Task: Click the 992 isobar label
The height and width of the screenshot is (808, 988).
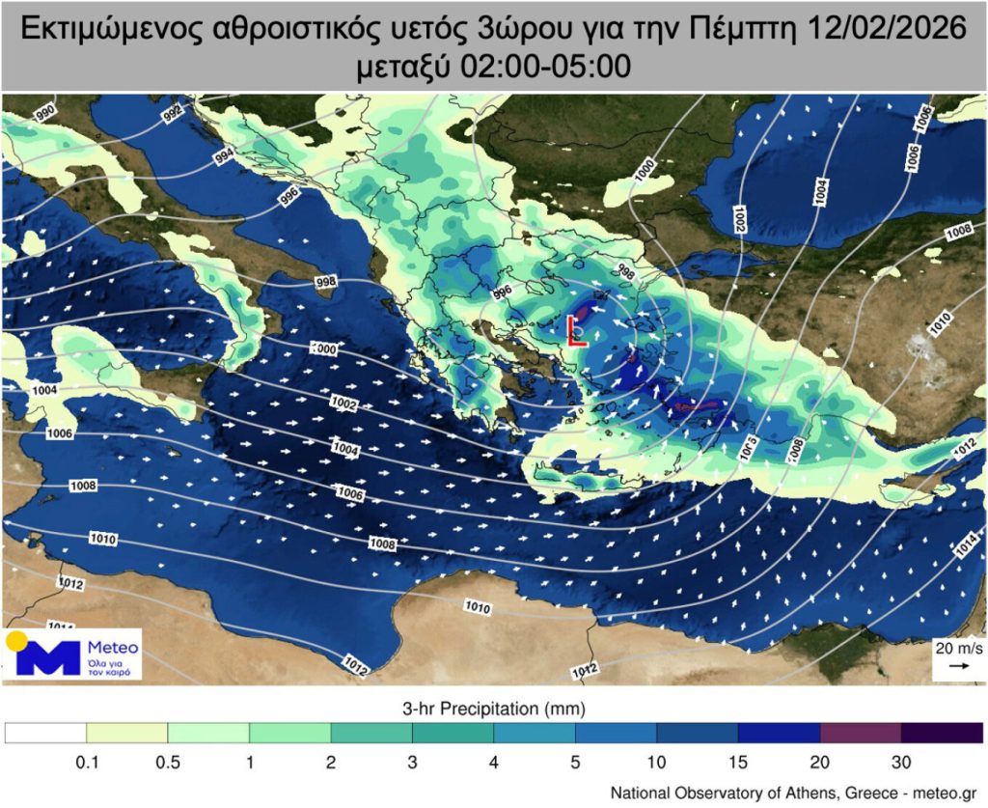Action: coord(174,116)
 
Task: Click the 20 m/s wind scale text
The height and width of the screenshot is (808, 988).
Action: coord(956,648)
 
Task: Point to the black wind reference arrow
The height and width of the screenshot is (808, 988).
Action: coord(957,666)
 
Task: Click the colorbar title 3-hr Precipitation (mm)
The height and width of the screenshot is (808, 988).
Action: coord(493,710)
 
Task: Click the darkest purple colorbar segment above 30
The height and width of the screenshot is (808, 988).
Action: coord(942,734)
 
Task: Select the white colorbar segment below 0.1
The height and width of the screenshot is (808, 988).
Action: coord(45,734)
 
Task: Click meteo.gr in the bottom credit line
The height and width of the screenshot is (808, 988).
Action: coord(949,793)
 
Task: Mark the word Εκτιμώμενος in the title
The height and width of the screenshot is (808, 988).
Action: coord(108,30)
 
